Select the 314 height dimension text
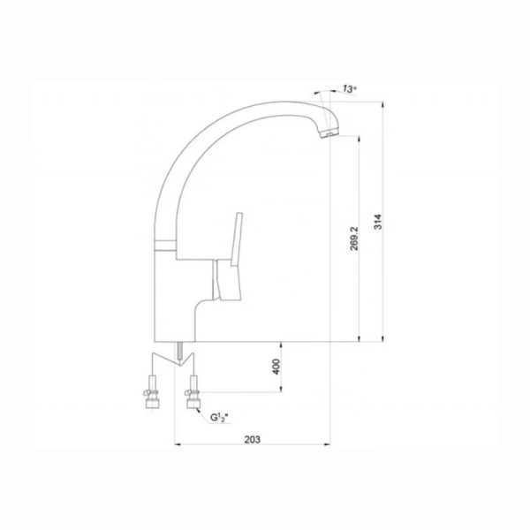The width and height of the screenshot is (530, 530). tap(379, 222)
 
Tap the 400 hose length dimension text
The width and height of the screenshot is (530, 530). tap(276, 367)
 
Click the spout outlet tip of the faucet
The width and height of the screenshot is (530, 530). tap(328, 135)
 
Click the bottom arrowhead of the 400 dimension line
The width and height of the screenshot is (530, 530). tap(281, 390)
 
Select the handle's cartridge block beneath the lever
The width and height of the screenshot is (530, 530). tap(228, 283)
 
